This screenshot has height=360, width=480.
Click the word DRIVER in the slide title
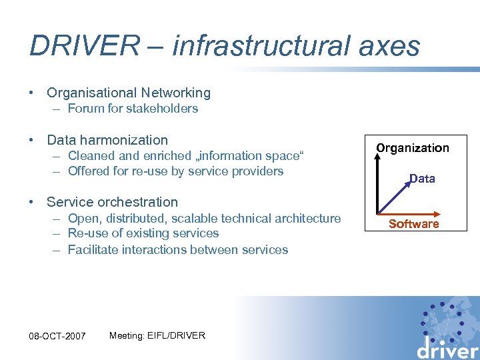(84, 46)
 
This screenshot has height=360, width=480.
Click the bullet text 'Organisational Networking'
(129, 93)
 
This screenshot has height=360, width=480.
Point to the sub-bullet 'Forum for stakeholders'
(133, 109)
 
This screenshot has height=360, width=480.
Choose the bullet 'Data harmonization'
(107, 140)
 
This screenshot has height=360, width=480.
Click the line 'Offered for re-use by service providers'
(176, 171)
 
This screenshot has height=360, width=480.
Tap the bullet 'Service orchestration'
(112, 202)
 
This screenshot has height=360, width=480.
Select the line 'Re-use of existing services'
(143, 233)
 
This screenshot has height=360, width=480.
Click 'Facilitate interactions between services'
(178, 250)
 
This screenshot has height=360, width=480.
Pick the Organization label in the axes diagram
(413, 148)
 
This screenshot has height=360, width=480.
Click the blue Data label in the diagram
(422, 179)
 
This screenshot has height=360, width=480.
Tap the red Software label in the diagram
(413, 224)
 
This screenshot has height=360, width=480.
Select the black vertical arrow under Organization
(378, 180)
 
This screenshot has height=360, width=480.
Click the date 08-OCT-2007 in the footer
(58, 336)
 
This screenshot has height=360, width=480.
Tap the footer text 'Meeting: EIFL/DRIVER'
(157, 335)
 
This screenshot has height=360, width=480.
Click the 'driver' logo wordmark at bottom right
(447, 347)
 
